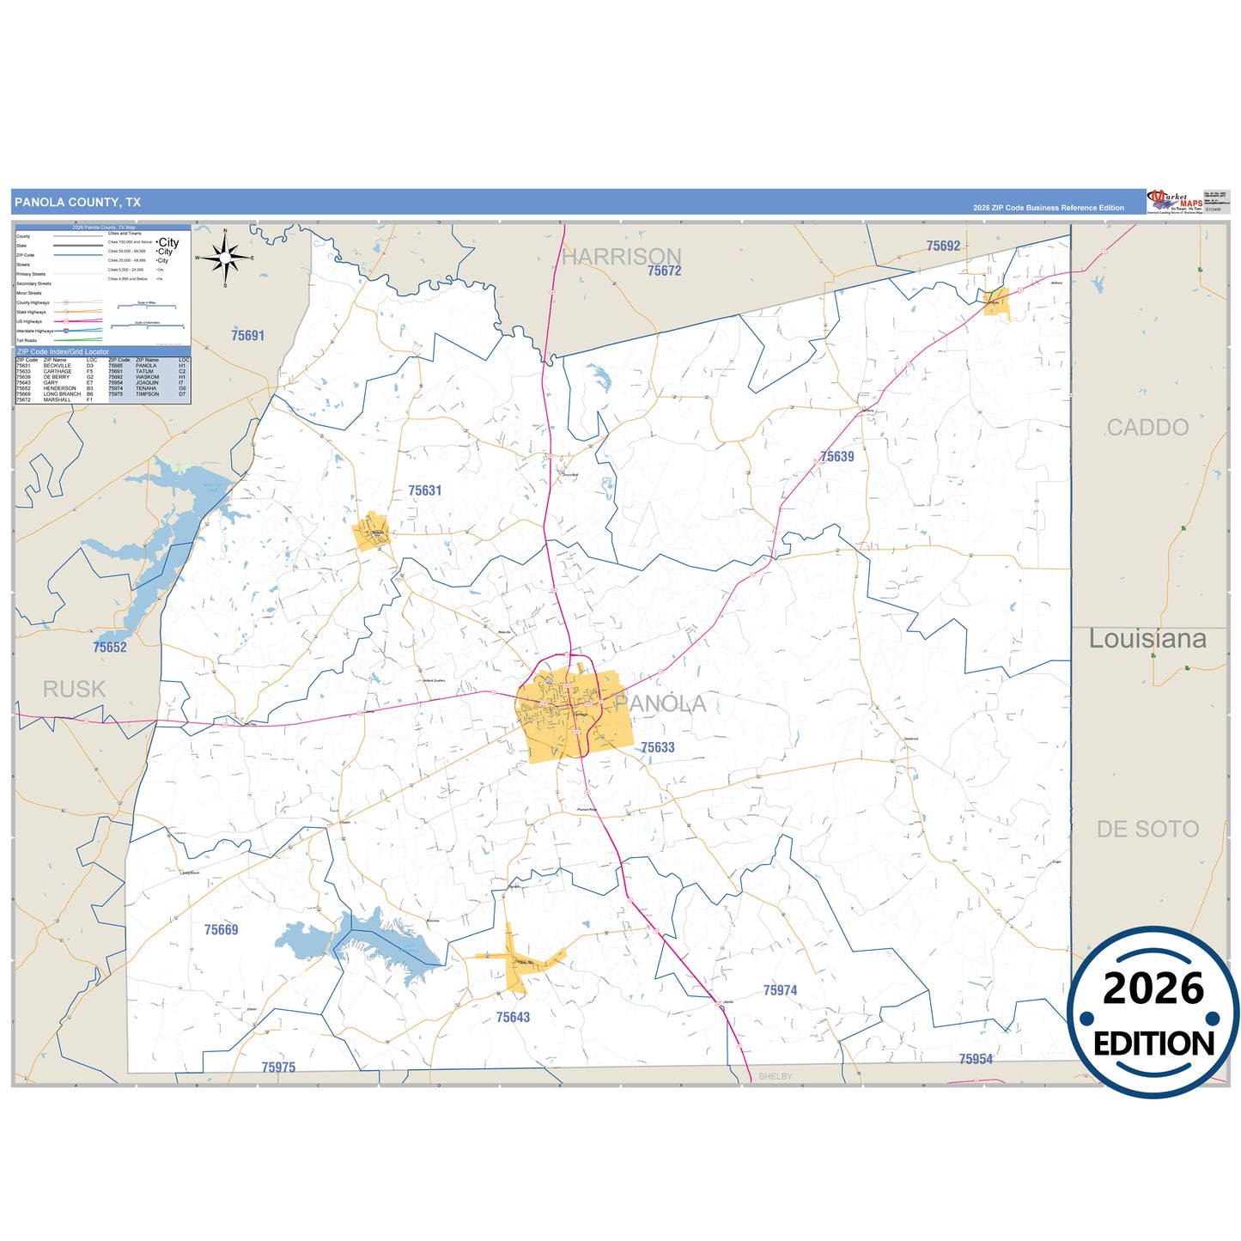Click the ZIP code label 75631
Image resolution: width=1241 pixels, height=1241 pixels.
tap(424, 490)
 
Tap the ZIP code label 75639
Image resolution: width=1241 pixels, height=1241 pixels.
tap(836, 457)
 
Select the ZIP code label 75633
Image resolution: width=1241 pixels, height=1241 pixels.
tap(657, 747)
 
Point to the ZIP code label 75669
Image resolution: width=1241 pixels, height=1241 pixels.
tap(221, 929)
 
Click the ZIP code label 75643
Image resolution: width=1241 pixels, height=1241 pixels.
tap(513, 1017)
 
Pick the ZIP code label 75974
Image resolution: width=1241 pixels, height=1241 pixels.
tap(780, 990)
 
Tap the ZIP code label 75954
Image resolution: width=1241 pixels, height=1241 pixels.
tap(976, 1059)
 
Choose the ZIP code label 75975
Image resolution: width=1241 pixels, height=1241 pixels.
tap(278, 1067)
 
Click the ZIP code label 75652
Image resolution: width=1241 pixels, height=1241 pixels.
tap(110, 648)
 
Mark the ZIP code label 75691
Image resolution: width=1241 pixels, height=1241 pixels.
tap(247, 336)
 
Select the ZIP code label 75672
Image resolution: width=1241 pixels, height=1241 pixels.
tap(664, 271)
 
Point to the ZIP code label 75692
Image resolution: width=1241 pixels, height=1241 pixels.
tap(943, 246)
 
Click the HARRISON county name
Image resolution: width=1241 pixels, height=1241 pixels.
tap(621, 256)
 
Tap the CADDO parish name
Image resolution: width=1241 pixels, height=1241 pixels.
tap(1147, 427)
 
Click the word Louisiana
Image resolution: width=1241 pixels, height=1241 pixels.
tap(1147, 639)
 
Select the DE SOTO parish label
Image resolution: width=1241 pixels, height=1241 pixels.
tap(1147, 829)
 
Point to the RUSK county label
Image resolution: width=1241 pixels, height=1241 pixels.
tap(74, 689)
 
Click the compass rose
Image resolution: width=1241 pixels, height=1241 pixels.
tap(224, 257)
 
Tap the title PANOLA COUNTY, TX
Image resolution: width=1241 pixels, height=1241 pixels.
tap(77, 203)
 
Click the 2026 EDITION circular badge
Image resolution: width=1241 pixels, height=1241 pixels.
tap(1153, 1012)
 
